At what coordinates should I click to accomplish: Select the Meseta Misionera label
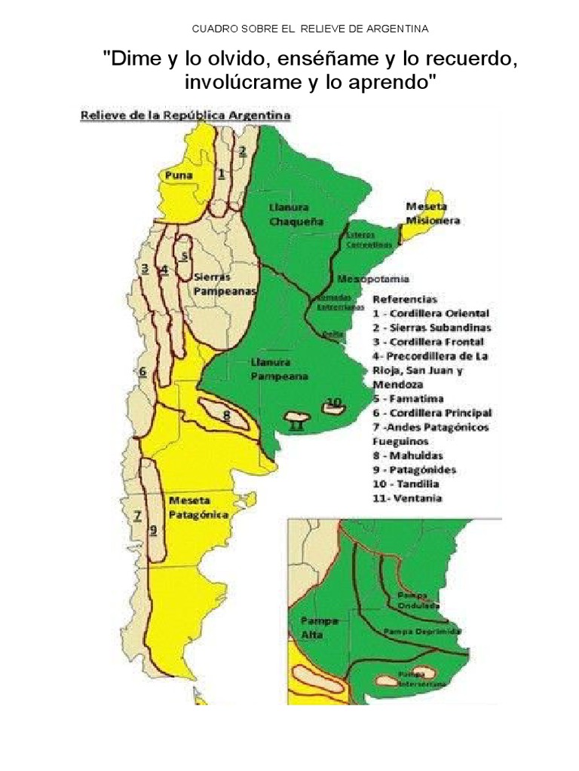[x=433, y=213]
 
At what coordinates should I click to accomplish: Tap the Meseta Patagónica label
[x=198, y=507]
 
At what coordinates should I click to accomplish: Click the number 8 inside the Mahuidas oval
[x=226, y=414]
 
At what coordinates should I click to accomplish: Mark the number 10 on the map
[x=334, y=401]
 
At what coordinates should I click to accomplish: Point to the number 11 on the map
[x=296, y=427]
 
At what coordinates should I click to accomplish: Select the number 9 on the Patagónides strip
[x=153, y=529]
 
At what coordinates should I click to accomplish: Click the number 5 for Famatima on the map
[x=184, y=255]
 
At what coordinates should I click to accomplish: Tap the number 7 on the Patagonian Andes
[x=138, y=516]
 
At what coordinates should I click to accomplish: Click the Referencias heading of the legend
[x=405, y=299]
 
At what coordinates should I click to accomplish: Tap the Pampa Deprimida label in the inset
[x=422, y=631]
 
